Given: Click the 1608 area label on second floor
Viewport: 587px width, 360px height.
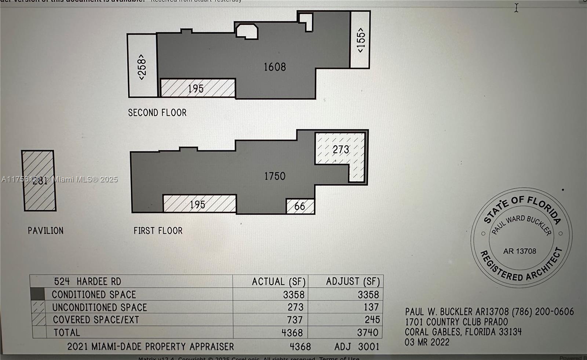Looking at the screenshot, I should click(275, 67).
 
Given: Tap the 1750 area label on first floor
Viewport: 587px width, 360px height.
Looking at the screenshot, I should click(275, 176).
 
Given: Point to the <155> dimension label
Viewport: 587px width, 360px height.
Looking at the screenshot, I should click(361, 40).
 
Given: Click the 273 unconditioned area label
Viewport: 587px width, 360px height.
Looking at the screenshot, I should click(341, 150).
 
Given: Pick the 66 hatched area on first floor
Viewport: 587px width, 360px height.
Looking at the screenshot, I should click(300, 206).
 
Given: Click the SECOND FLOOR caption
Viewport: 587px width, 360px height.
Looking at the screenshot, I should click(157, 113).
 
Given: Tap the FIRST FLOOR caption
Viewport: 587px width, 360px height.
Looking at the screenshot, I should click(158, 231).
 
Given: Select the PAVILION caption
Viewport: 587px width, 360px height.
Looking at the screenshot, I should click(45, 231).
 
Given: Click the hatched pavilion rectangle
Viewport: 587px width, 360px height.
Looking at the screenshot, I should click(39, 194).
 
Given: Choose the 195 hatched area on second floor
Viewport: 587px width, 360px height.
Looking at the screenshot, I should click(196, 89).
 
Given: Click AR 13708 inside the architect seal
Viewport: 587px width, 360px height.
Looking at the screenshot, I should click(519, 251).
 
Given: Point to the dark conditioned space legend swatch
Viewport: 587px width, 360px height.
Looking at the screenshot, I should click(37, 294).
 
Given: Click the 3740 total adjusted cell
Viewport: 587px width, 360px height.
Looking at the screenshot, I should click(368, 332).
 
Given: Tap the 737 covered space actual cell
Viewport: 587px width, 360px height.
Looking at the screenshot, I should click(295, 320).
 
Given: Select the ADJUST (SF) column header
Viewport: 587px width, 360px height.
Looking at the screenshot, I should click(353, 281).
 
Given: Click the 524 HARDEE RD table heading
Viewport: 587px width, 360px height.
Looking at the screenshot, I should click(87, 281).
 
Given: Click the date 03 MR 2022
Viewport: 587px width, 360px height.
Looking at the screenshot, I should click(427, 342).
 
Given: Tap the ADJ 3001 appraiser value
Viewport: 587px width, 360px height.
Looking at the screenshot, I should click(356, 347).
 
